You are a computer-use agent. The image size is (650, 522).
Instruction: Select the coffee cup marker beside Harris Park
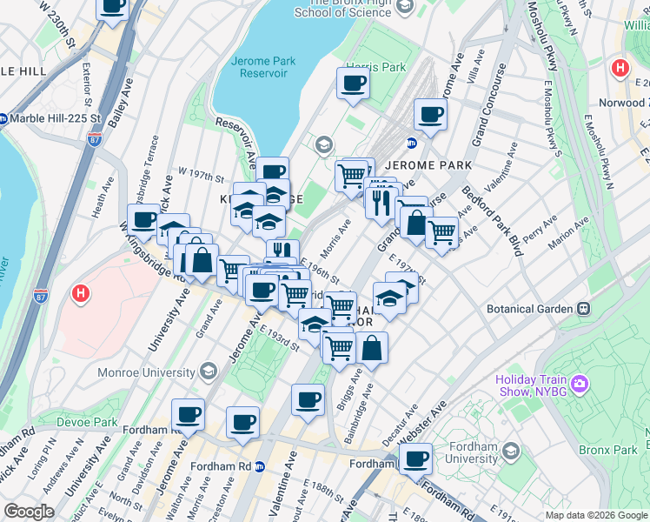[352, 84]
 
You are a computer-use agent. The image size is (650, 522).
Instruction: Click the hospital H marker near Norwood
[620, 68]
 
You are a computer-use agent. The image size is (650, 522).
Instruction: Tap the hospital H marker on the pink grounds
[81, 294]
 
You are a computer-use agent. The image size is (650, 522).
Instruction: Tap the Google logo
[28, 512]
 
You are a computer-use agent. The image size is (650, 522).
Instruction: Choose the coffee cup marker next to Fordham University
[416, 458]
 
